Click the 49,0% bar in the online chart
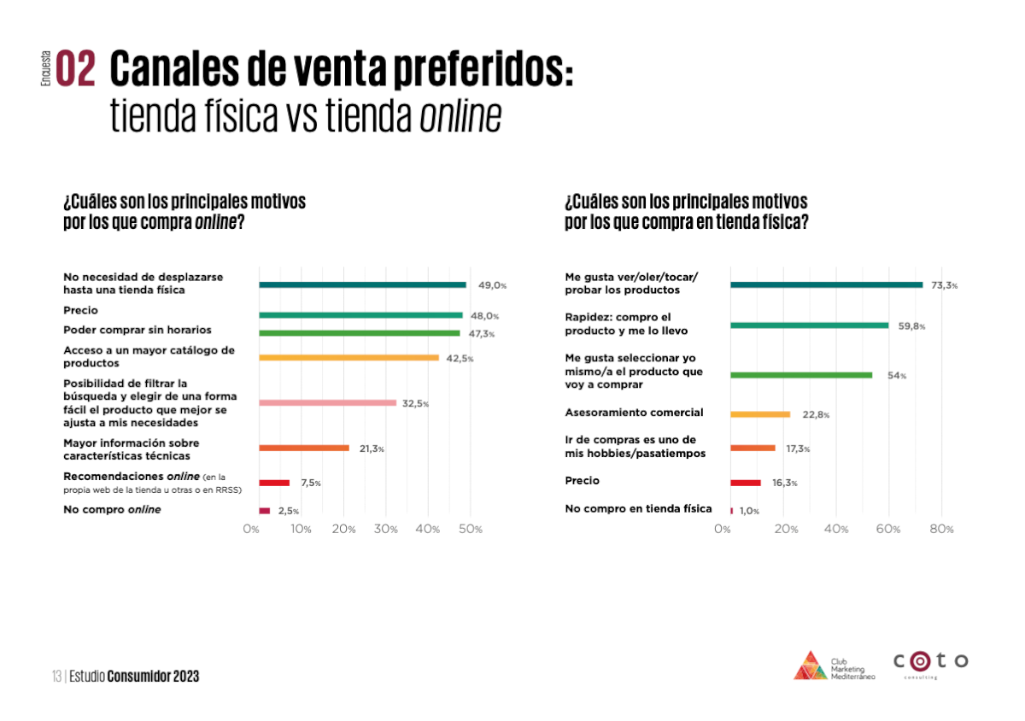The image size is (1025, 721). pos(362,284)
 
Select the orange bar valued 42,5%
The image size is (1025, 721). pos(348,358)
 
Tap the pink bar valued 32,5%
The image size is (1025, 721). pos(327,402)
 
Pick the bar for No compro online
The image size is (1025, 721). pos(264,511)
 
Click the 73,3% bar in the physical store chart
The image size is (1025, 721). pos(826,284)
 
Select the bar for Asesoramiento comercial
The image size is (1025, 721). pos(760,414)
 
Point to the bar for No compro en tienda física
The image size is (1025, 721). pos(731,511)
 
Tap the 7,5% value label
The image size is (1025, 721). pos(310,484)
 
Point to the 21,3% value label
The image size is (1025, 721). pos(371,448)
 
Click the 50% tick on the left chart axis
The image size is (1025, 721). pos(471,530)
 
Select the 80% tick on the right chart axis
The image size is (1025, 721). pos(941,530)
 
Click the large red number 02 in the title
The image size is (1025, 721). pos(76,69)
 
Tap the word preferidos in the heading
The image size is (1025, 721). pos(474,69)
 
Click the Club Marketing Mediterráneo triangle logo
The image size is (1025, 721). pos(810,665)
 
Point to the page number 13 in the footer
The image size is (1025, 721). pos(56,677)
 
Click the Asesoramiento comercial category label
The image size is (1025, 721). pos(634,413)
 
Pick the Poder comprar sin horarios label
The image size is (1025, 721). pos(137,330)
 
